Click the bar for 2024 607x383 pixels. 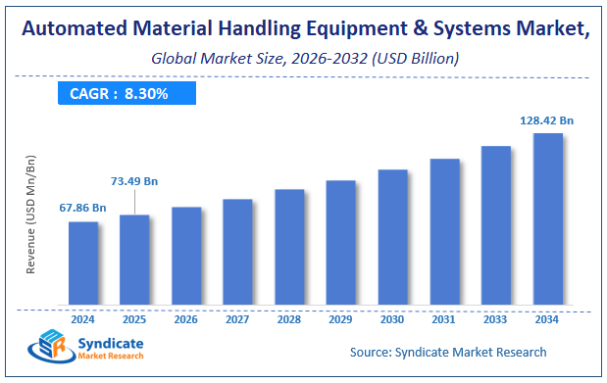[x=82, y=262]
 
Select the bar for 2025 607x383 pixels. [x=134, y=259]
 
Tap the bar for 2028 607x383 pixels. [x=289, y=246]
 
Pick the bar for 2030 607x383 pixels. [x=392, y=236]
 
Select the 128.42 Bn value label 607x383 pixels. [x=546, y=120]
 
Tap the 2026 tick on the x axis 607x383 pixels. [x=186, y=318]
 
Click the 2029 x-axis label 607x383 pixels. [x=340, y=318]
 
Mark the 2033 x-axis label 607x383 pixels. [x=495, y=318]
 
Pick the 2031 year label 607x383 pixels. [x=444, y=318]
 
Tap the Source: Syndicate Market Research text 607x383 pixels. [x=447, y=352]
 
